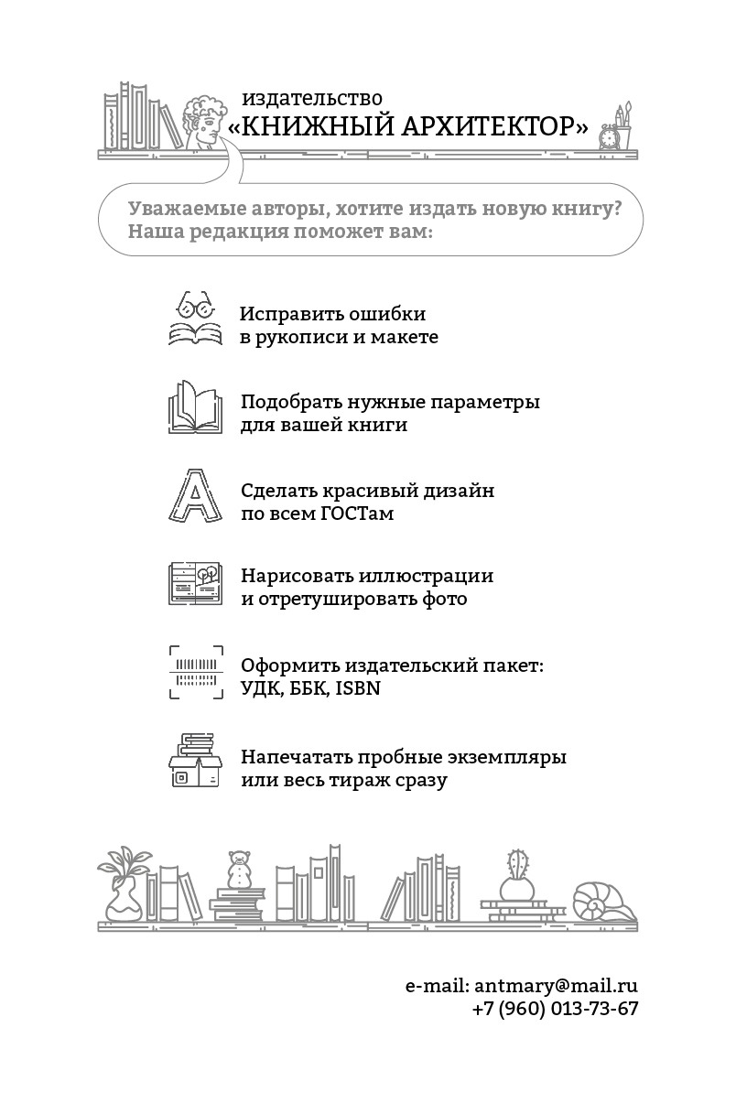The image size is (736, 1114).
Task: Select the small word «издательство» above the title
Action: coord(312,98)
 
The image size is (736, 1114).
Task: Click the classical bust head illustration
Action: coord(204,122)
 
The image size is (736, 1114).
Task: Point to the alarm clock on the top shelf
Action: coord(609,136)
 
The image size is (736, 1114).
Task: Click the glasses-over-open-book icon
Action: coord(195,319)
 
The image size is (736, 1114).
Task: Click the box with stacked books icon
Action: coord(195,760)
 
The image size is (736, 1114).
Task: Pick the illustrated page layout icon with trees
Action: coord(195,583)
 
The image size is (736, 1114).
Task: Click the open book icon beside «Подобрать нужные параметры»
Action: coord(195,406)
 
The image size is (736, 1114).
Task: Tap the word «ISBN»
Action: coord(358,688)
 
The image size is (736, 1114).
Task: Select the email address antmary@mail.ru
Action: coord(556,986)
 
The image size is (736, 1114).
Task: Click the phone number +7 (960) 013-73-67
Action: coord(555,1008)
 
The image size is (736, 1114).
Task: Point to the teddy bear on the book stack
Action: coord(240,869)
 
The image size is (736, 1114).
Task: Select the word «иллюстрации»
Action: coord(427,576)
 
